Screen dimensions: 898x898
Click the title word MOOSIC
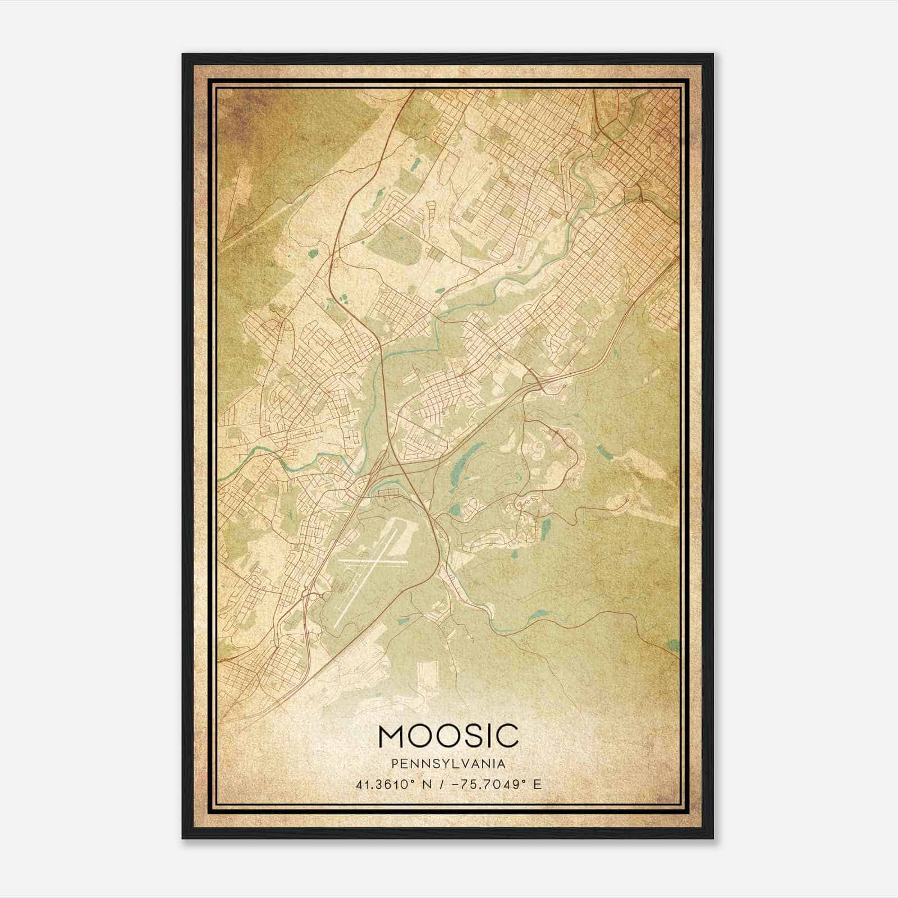tap(448, 736)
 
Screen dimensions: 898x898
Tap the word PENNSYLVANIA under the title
tap(448, 764)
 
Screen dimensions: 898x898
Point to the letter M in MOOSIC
tap(391, 736)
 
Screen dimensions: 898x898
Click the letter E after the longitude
tap(537, 784)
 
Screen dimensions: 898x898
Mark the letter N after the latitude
tap(430, 784)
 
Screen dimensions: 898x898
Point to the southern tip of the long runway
tap(335, 624)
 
